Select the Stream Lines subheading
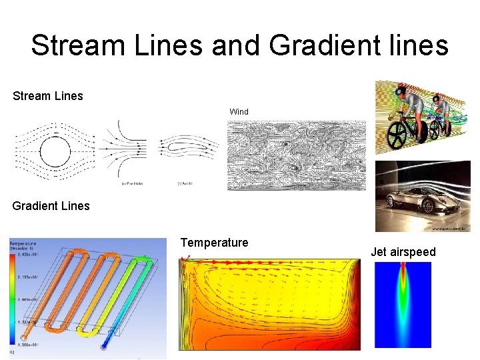click(48, 96)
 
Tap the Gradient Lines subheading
click(51, 206)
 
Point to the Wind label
click(239, 112)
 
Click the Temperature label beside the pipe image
click(214, 243)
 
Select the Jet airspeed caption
click(403, 252)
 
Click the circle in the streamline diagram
click(55, 152)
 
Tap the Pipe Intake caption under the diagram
click(129, 183)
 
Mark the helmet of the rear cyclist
click(437, 99)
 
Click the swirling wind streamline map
click(297, 155)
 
